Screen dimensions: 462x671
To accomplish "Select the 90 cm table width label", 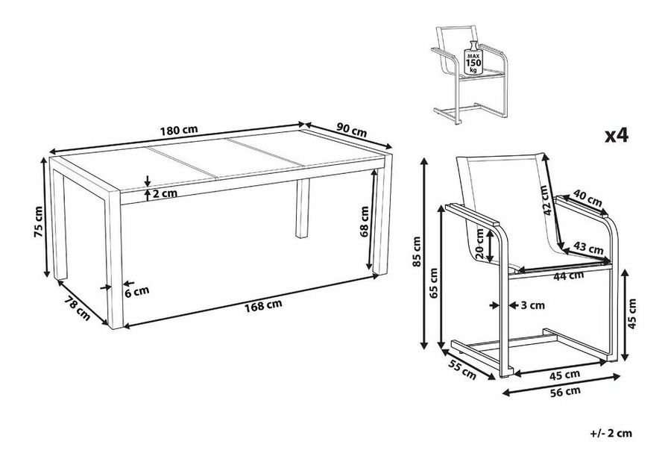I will point(349,130).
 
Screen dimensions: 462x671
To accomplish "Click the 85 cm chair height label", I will point(417,252).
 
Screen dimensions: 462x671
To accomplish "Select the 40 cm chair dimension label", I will point(588,200).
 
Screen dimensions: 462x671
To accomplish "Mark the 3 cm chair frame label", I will point(532,305).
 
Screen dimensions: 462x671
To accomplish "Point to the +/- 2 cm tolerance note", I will point(614,432).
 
